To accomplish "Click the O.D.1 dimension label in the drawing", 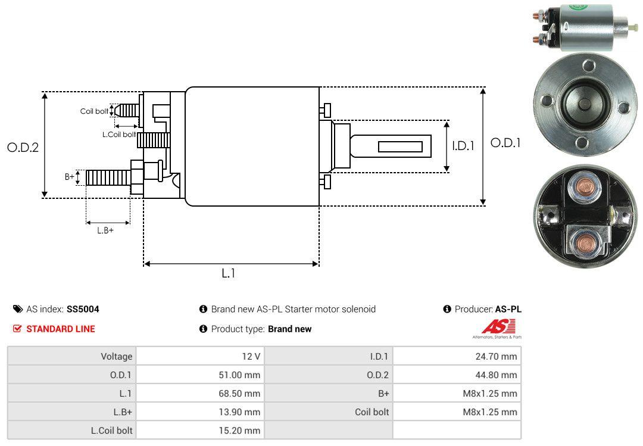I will point(505,143).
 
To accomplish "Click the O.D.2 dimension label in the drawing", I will point(23,147).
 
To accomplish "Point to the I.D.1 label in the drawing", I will point(463,145).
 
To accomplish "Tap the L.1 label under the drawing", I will point(229,273).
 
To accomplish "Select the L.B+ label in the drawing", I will point(105,230).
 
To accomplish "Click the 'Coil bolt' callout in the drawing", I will point(94,111).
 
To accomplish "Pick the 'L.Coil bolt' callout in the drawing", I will point(120,135).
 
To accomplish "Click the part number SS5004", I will point(83,309).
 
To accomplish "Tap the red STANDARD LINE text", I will point(60,329).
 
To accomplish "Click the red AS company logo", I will point(498,327).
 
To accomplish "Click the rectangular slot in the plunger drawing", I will point(400,146).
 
